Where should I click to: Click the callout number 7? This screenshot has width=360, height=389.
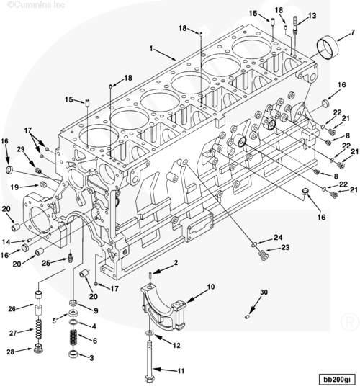(353, 32)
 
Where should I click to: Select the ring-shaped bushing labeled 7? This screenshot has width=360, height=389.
(328, 48)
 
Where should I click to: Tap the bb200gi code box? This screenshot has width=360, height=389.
(337, 379)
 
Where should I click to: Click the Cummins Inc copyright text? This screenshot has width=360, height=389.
(36, 4)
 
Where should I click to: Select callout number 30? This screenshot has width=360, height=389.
(264, 292)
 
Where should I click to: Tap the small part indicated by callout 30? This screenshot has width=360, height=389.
(247, 316)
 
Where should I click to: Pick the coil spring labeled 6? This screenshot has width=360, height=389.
(73, 338)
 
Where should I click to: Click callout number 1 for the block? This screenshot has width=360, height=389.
(151, 48)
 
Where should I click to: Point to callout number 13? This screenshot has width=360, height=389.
(312, 16)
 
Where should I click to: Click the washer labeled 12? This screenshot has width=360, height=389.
(150, 333)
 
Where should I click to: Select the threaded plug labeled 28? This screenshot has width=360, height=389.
(38, 349)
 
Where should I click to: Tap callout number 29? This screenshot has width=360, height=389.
(21, 149)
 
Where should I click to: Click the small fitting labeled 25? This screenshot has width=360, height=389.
(70, 258)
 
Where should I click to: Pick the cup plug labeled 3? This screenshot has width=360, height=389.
(73, 354)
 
